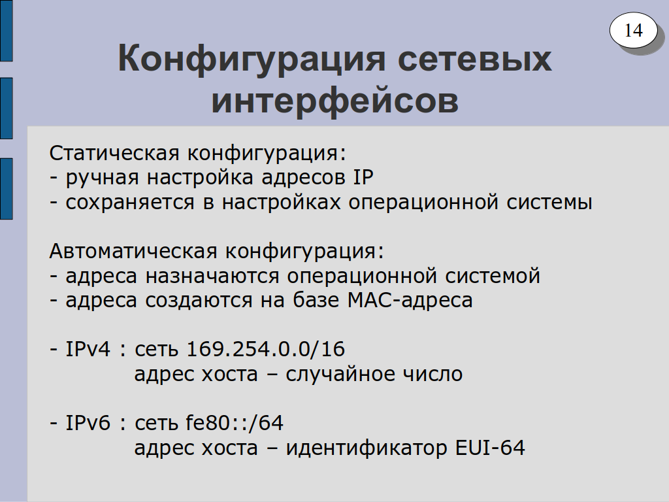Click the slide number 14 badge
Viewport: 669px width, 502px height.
(x=633, y=30)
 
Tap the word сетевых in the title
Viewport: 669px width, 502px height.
(x=474, y=59)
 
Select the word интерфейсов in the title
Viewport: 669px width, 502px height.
(x=335, y=101)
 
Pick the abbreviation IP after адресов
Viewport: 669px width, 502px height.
(x=363, y=176)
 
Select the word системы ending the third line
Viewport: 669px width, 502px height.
(x=549, y=203)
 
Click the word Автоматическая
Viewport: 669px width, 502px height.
(x=133, y=251)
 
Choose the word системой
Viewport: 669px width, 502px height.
(x=493, y=276)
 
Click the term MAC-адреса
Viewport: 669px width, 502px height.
(x=410, y=300)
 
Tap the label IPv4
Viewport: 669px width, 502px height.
(x=88, y=349)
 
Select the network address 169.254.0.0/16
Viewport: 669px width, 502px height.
(x=266, y=349)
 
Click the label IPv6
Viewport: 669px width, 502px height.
(x=88, y=423)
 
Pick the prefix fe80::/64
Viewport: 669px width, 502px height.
(x=235, y=423)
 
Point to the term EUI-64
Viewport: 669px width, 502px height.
(x=490, y=448)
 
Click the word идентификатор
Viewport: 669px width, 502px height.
(x=367, y=448)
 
